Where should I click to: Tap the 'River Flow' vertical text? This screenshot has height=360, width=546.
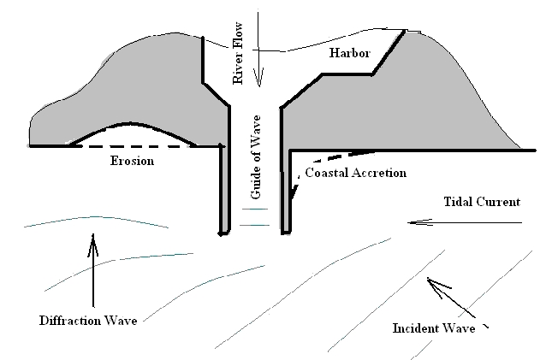(x=240, y=47)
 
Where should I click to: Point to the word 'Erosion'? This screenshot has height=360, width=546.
(x=133, y=162)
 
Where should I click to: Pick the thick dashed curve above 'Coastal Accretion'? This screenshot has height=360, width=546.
(x=338, y=157)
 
